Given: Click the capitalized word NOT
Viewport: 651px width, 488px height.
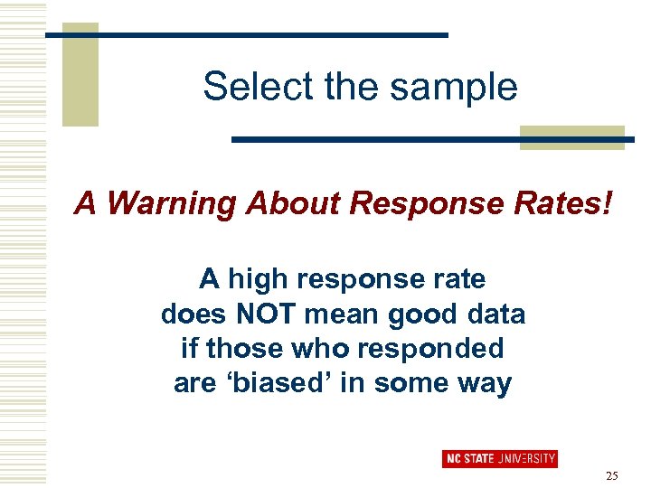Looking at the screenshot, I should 265,314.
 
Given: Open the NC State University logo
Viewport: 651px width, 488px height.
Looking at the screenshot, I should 500,458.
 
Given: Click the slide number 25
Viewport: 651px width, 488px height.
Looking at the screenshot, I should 611,475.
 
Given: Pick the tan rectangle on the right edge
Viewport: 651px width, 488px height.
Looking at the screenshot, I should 571,136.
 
